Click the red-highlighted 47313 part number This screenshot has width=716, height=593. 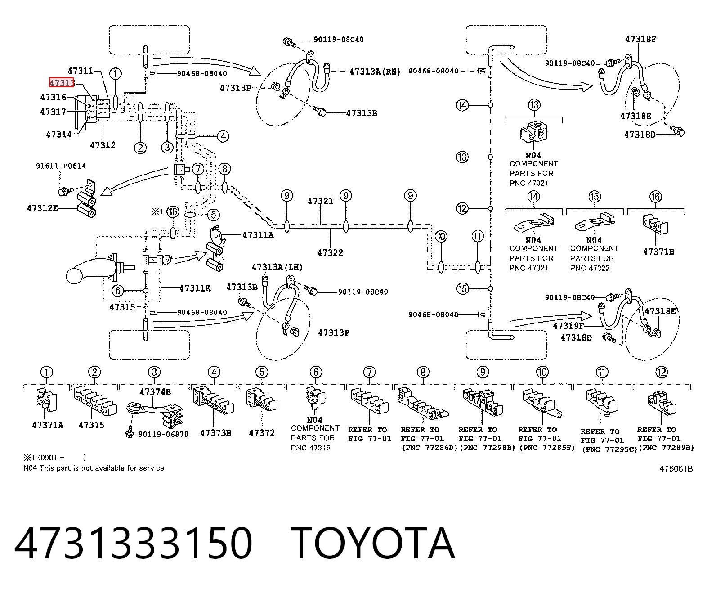[62, 83]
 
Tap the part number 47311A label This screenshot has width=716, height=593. [258, 235]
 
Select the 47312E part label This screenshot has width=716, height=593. [42, 208]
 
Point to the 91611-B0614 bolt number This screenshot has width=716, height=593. [61, 166]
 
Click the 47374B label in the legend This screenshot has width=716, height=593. [155, 392]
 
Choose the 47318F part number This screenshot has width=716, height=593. [640, 39]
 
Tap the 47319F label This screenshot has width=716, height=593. [568, 326]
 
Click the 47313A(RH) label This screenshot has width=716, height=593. [375, 72]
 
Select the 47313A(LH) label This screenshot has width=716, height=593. [277, 267]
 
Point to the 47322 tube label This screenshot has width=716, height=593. [330, 253]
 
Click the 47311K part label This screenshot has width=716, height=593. [195, 288]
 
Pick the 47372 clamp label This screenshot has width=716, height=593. [262, 433]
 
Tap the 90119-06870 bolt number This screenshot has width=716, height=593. [163, 435]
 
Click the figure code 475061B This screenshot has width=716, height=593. [676, 469]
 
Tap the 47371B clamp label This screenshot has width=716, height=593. [658, 252]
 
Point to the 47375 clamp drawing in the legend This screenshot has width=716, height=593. [95, 400]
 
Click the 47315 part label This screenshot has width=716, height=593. [122, 307]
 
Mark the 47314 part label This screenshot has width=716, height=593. [58, 134]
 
